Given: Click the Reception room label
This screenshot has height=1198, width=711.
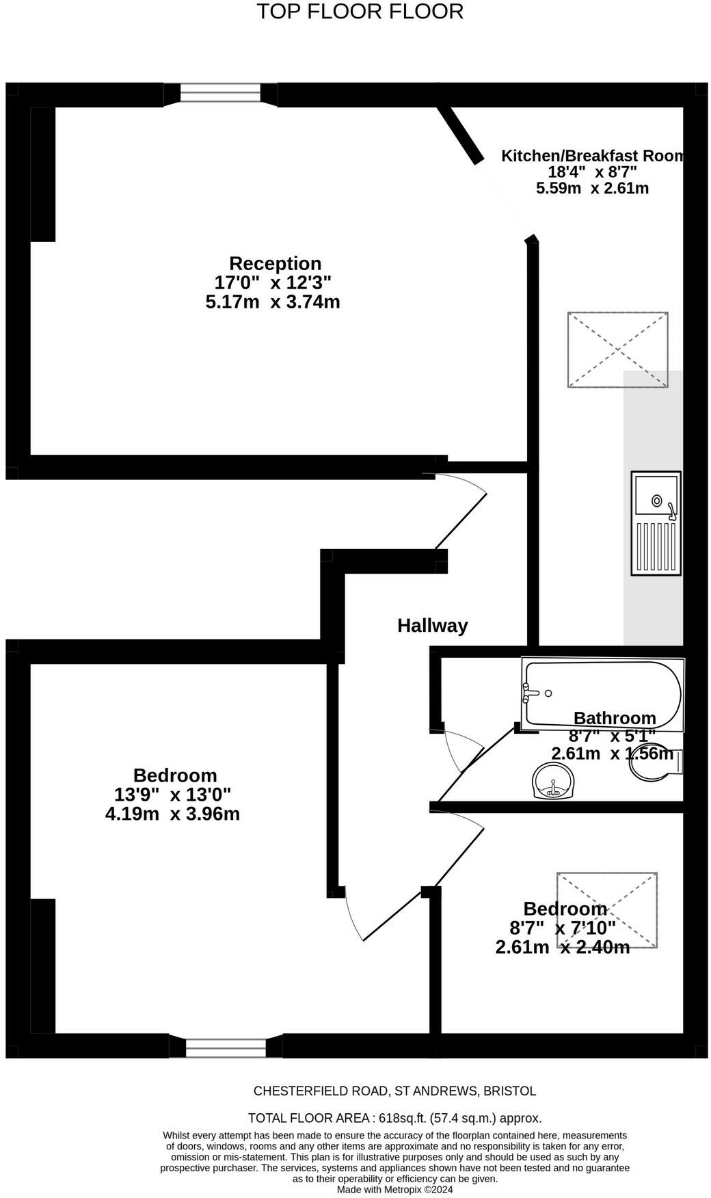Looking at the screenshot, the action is pyautogui.click(x=275, y=263).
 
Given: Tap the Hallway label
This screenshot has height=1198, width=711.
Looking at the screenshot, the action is pyautogui.click(x=433, y=626).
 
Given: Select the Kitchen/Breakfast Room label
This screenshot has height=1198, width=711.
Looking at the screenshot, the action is pyautogui.click(x=593, y=156).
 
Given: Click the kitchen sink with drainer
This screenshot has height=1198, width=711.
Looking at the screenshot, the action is pyautogui.click(x=656, y=523).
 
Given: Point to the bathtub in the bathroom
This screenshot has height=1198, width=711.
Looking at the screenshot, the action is pyautogui.click(x=602, y=693).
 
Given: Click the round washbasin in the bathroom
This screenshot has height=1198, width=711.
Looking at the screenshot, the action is pyautogui.click(x=553, y=782).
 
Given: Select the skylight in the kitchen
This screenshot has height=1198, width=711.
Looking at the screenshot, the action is pyautogui.click(x=618, y=350).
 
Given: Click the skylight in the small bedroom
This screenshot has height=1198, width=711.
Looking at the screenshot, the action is pyautogui.click(x=607, y=910).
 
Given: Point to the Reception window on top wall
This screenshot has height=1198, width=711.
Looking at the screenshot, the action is pyautogui.click(x=220, y=93).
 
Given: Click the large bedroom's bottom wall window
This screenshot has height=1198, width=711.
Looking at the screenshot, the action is pyautogui.click(x=226, y=1048).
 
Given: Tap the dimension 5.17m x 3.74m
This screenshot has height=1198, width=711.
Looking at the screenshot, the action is pyautogui.click(x=273, y=302).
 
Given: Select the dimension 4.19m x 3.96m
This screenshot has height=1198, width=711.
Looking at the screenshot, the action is pyautogui.click(x=172, y=814).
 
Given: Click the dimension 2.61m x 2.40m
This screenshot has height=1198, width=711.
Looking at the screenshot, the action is pyautogui.click(x=563, y=947).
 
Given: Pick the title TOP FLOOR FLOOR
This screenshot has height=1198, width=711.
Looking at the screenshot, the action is pyautogui.click(x=360, y=12).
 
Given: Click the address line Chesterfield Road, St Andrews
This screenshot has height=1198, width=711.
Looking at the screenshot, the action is pyautogui.click(x=395, y=1091).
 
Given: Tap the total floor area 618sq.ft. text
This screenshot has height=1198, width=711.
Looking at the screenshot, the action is pyautogui.click(x=394, y=1118).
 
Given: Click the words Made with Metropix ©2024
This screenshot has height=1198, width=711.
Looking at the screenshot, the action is pyautogui.click(x=395, y=1189).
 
